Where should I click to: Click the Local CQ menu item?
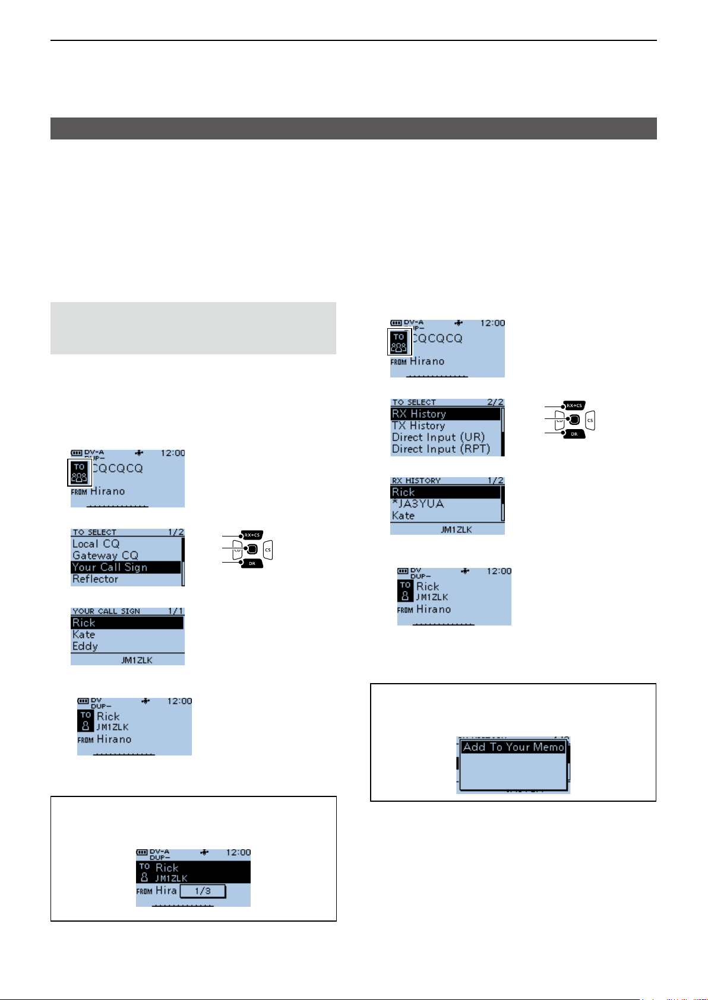tap(96, 544)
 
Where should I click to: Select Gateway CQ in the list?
tap(105, 555)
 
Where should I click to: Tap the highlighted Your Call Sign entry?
tap(110, 567)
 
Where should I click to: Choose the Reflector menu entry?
tap(96, 579)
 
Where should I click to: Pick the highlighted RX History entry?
tap(419, 414)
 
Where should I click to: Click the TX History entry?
tap(418, 426)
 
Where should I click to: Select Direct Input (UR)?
tap(438, 437)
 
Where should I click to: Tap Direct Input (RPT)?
tap(441, 449)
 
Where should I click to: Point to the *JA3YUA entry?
tap(418, 504)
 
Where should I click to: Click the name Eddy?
tap(85, 646)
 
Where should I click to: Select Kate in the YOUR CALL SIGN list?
tap(84, 634)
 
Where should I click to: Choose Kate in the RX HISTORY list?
tap(403, 516)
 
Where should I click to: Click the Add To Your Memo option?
tap(513, 747)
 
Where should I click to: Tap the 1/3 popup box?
tap(203, 891)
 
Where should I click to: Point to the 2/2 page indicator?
tap(495, 402)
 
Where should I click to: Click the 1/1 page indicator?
tap(176, 611)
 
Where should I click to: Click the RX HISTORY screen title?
tap(416, 481)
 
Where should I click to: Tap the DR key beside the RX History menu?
tap(574, 434)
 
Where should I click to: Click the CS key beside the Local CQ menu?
tap(268, 550)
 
